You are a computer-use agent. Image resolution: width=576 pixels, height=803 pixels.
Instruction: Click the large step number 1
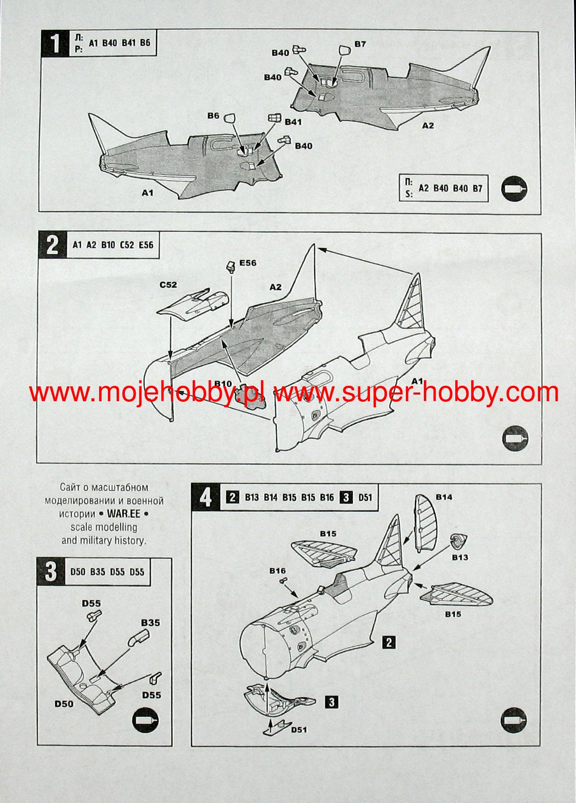[55, 43]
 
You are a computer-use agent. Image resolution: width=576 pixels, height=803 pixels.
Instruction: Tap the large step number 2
[52, 245]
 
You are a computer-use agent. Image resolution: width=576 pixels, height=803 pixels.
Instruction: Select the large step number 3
[51, 571]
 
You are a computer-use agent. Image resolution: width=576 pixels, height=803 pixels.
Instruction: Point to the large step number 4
[206, 497]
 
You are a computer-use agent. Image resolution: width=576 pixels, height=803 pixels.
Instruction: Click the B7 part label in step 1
[360, 44]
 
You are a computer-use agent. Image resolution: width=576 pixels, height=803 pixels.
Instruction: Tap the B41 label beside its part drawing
[293, 122]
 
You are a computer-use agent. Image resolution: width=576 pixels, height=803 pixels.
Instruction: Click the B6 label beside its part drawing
[214, 116]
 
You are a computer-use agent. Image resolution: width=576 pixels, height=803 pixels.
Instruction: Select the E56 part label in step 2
[248, 263]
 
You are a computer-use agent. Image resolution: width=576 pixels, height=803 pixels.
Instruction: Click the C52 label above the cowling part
[169, 284]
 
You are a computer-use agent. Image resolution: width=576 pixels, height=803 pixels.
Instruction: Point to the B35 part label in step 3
[151, 623]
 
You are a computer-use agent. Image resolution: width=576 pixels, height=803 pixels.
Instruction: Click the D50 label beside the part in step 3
[64, 704]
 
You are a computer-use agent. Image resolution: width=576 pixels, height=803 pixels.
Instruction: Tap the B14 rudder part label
[444, 497]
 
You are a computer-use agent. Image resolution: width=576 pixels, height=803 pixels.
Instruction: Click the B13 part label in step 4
[460, 557]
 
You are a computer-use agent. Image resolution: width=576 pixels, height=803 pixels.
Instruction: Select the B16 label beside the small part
[277, 571]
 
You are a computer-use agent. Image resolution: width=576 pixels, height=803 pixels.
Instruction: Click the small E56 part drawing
[230, 266]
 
